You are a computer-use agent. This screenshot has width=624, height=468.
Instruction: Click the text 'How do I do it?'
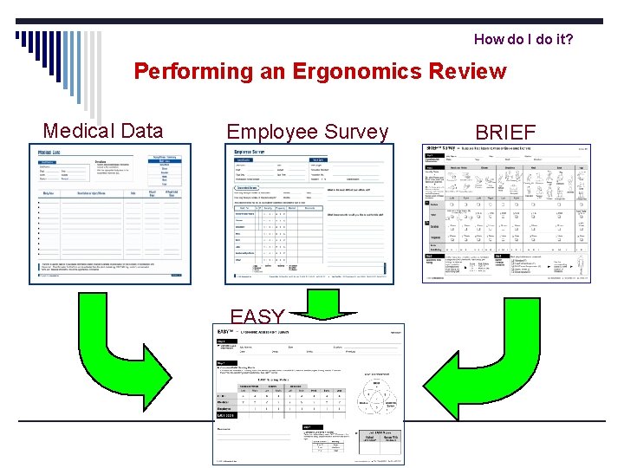pyautogui.click(x=523, y=40)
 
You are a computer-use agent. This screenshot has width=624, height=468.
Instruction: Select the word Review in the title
pyautogui.click(x=465, y=71)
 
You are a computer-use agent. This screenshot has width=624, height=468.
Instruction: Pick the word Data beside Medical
pyautogui.click(x=142, y=131)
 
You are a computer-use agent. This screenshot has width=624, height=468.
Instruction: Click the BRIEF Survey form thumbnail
pyautogui.click(x=506, y=212)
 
